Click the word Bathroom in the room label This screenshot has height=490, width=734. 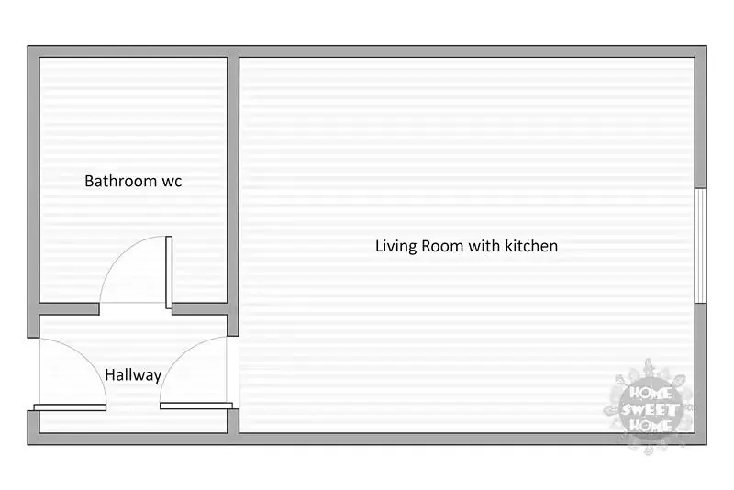click(x=120, y=181)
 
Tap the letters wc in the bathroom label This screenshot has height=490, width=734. click(x=172, y=182)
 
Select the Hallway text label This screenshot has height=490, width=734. click(x=133, y=375)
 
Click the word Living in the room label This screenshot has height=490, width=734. click(x=395, y=246)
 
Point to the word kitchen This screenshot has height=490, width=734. click(x=531, y=246)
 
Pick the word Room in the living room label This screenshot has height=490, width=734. click(x=442, y=246)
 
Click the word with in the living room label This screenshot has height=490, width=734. click(x=484, y=246)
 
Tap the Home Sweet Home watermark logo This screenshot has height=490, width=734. click(x=650, y=407)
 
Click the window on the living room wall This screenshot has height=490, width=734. click(x=700, y=246)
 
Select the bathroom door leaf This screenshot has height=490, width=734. click(x=169, y=273)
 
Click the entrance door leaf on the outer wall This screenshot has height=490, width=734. click(x=71, y=407)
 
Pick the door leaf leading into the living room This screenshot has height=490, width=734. click(x=196, y=406)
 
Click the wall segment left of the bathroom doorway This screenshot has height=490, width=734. click(x=69, y=309)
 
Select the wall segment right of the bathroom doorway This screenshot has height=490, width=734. click(x=200, y=309)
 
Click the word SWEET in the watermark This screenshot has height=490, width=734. click(x=651, y=410)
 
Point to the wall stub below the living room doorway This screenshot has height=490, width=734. click(x=233, y=421)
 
